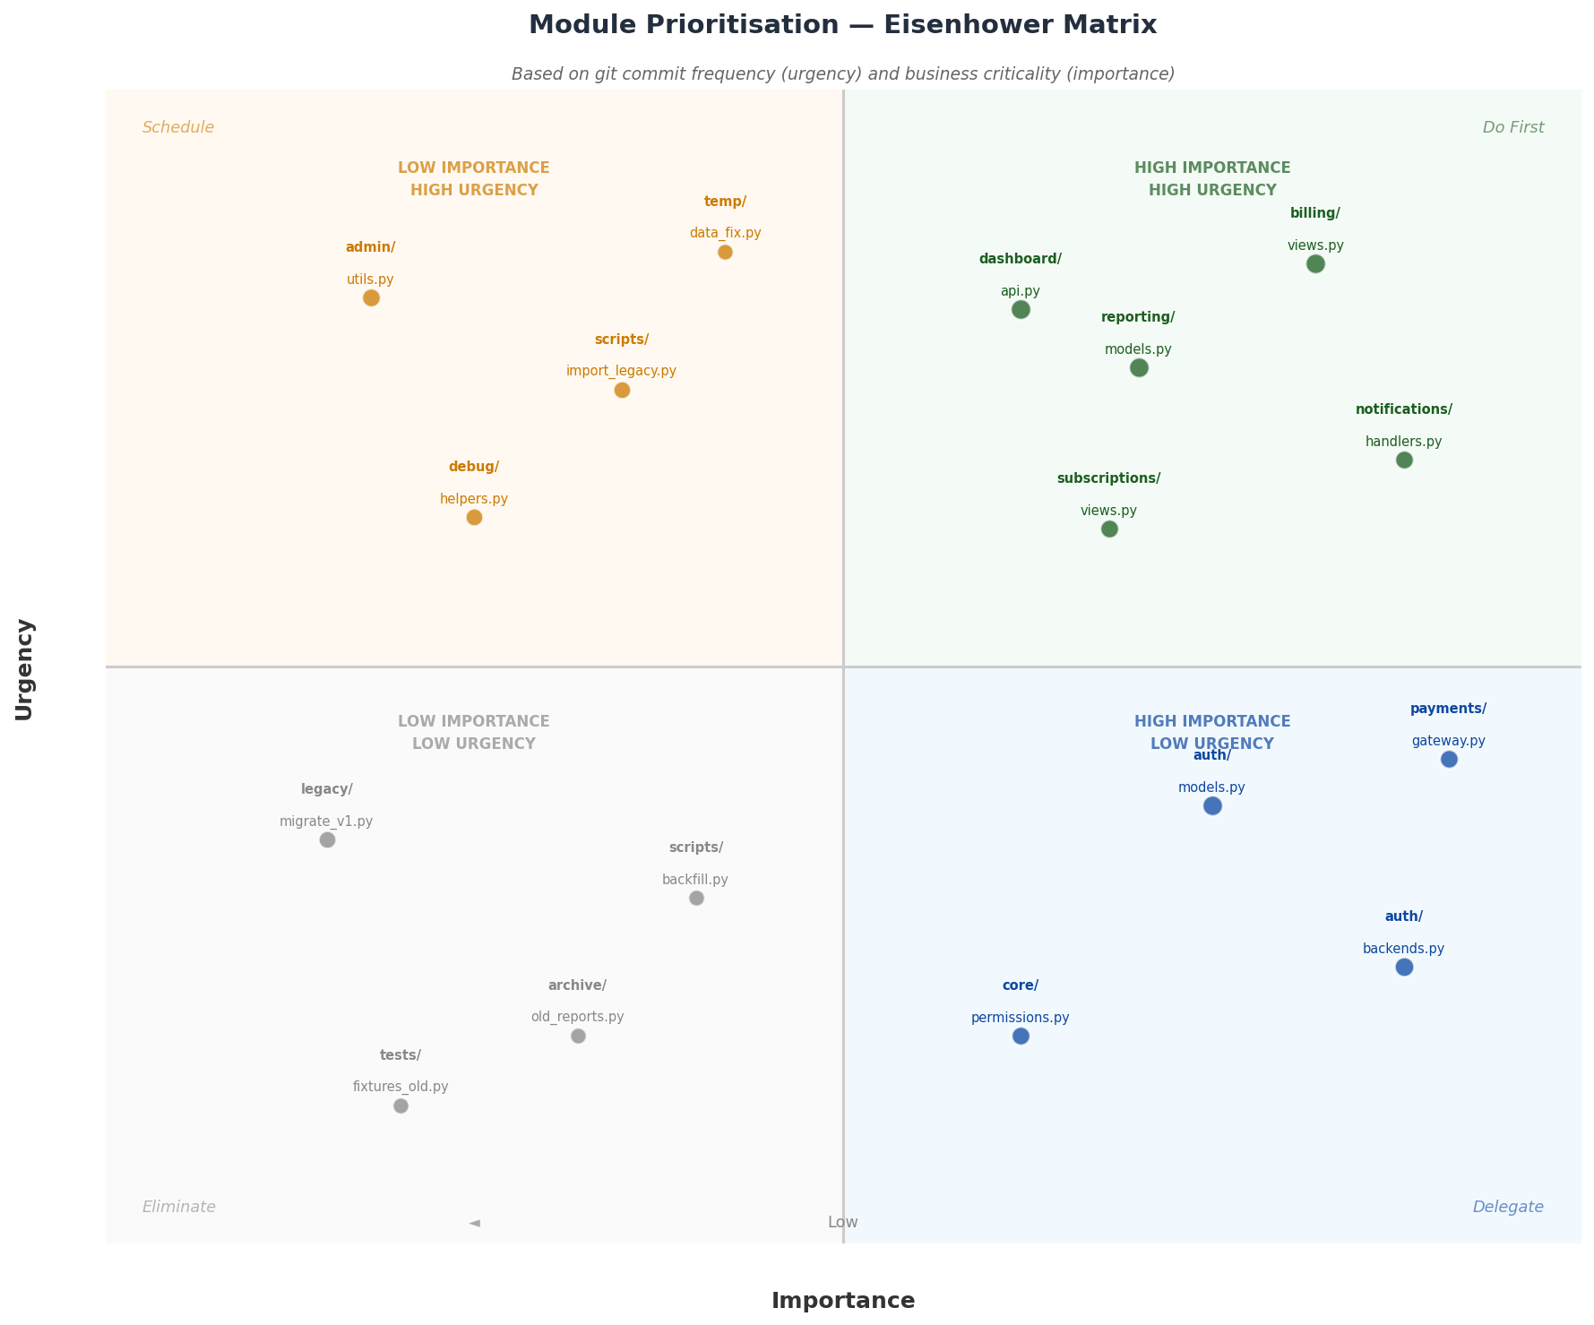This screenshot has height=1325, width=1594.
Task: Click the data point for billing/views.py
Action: (1315, 263)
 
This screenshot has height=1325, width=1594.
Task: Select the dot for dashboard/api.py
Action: (1021, 310)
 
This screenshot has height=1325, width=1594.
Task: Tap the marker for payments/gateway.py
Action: (1449, 760)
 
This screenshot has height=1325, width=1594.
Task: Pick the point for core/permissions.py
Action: (1021, 1037)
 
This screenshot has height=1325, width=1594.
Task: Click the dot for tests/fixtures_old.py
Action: (401, 1106)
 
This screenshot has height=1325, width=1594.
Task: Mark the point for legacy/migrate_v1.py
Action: (327, 839)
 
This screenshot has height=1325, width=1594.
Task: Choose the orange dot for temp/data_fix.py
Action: (725, 252)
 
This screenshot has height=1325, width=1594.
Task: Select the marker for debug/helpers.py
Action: (474, 517)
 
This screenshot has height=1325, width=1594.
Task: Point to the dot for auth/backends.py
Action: (1404, 968)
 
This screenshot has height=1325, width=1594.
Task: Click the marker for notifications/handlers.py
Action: (1404, 460)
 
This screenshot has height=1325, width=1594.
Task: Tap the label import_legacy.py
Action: (621, 371)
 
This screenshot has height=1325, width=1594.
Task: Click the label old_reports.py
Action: (577, 1017)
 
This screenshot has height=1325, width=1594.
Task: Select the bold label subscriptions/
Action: (1108, 478)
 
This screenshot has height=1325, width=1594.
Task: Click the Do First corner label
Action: (1513, 127)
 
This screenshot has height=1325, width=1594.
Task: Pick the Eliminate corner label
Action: (179, 1207)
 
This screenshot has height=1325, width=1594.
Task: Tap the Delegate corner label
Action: (1508, 1207)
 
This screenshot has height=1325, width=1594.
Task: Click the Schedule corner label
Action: (178, 127)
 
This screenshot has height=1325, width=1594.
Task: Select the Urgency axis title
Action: (24, 669)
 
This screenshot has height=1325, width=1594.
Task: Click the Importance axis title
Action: (843, 1301)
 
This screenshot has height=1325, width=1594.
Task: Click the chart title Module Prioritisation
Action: (842, 25)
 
